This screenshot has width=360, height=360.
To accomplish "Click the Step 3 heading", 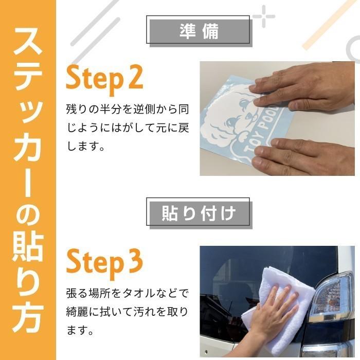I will (x=104, y=262).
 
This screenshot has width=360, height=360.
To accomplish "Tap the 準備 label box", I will (x=199, y=31).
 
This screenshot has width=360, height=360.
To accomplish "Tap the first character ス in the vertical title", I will (x=28, y=49).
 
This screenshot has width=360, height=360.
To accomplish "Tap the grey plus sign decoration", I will (x=264, y=16).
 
